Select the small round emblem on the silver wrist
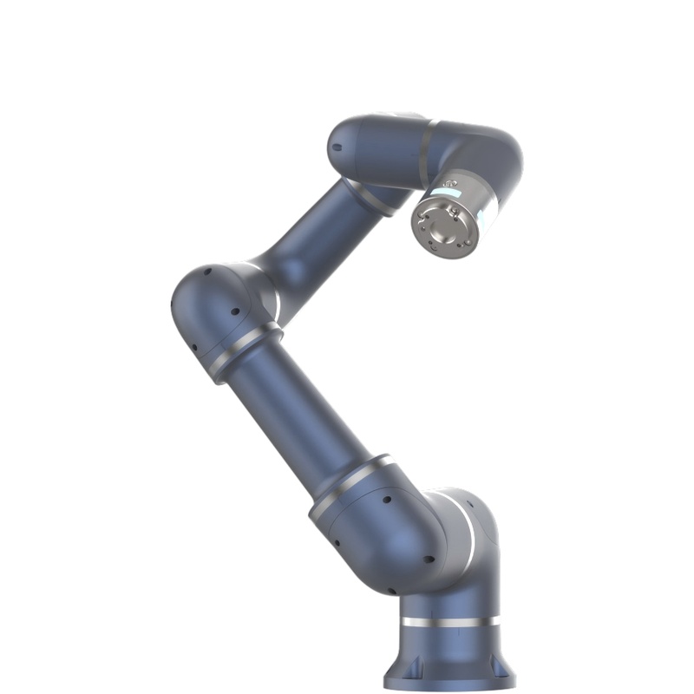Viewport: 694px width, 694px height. (452, 184)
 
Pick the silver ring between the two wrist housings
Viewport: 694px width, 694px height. (428, 149)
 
